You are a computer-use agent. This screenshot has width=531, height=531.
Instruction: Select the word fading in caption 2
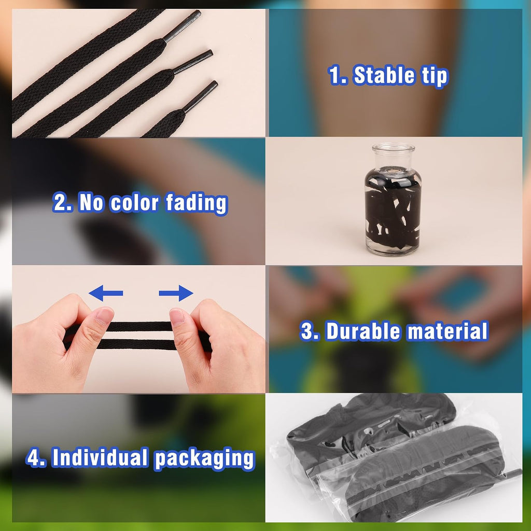tap(197, 203)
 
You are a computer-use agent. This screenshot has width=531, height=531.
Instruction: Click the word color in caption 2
tap(134, 203)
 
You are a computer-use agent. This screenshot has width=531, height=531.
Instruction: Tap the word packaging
tap(204, 459)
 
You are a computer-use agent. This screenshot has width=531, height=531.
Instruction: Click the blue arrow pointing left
tap(106, 293)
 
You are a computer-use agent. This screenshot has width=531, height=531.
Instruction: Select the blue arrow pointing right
tap(176, 293)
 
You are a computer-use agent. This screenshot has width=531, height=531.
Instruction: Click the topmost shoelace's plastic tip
tap(182, 26)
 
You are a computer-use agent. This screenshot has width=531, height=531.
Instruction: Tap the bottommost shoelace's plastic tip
tap(201, 96)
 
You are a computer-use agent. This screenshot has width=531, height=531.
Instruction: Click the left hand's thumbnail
tap(105, 316)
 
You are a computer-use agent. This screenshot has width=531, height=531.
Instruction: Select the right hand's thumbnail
tap(177, 316)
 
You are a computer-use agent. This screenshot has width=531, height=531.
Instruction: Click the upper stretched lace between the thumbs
tap(139, 327)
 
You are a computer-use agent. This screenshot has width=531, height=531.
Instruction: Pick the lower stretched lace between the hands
tap(137, 344)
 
